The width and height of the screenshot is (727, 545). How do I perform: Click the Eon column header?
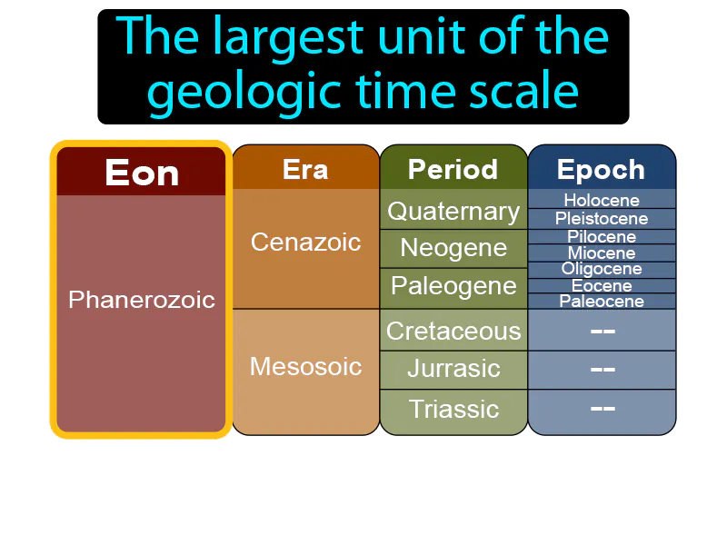click(x=141, y=172)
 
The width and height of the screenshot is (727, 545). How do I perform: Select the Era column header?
click(x=305, y=169)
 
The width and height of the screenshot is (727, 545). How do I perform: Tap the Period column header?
click(x=453, y=169)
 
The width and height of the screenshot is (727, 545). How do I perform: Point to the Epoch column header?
click(x=601, y=169)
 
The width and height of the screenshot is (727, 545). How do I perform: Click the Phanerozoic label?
click(x=141, y=299)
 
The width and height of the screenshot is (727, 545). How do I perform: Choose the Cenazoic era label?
click(x=305, y=243)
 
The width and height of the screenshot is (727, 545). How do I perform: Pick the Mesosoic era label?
click(x=305, y=366)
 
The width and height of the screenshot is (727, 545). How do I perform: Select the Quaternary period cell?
click(x=453, y=211)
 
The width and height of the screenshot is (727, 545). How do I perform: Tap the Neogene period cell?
click(x=453, y=248)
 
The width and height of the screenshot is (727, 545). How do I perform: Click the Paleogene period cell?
click(x=453, y=286)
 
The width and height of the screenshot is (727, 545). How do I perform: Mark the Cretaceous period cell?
click(x=453, y=331)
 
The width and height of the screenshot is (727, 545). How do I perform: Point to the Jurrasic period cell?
click(x=453, y=369)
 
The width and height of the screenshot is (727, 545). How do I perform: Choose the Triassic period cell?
click(x=453, y=409)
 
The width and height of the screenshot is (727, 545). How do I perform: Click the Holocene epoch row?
click(x=601, y=200)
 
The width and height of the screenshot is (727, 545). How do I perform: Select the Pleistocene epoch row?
click(x=601, y=218)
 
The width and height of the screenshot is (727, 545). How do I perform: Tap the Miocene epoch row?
click(x=601, y=253)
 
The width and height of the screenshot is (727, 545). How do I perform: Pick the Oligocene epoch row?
click(x=601, y=269)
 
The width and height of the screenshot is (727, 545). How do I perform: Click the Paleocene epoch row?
click(x=601, y=302)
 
